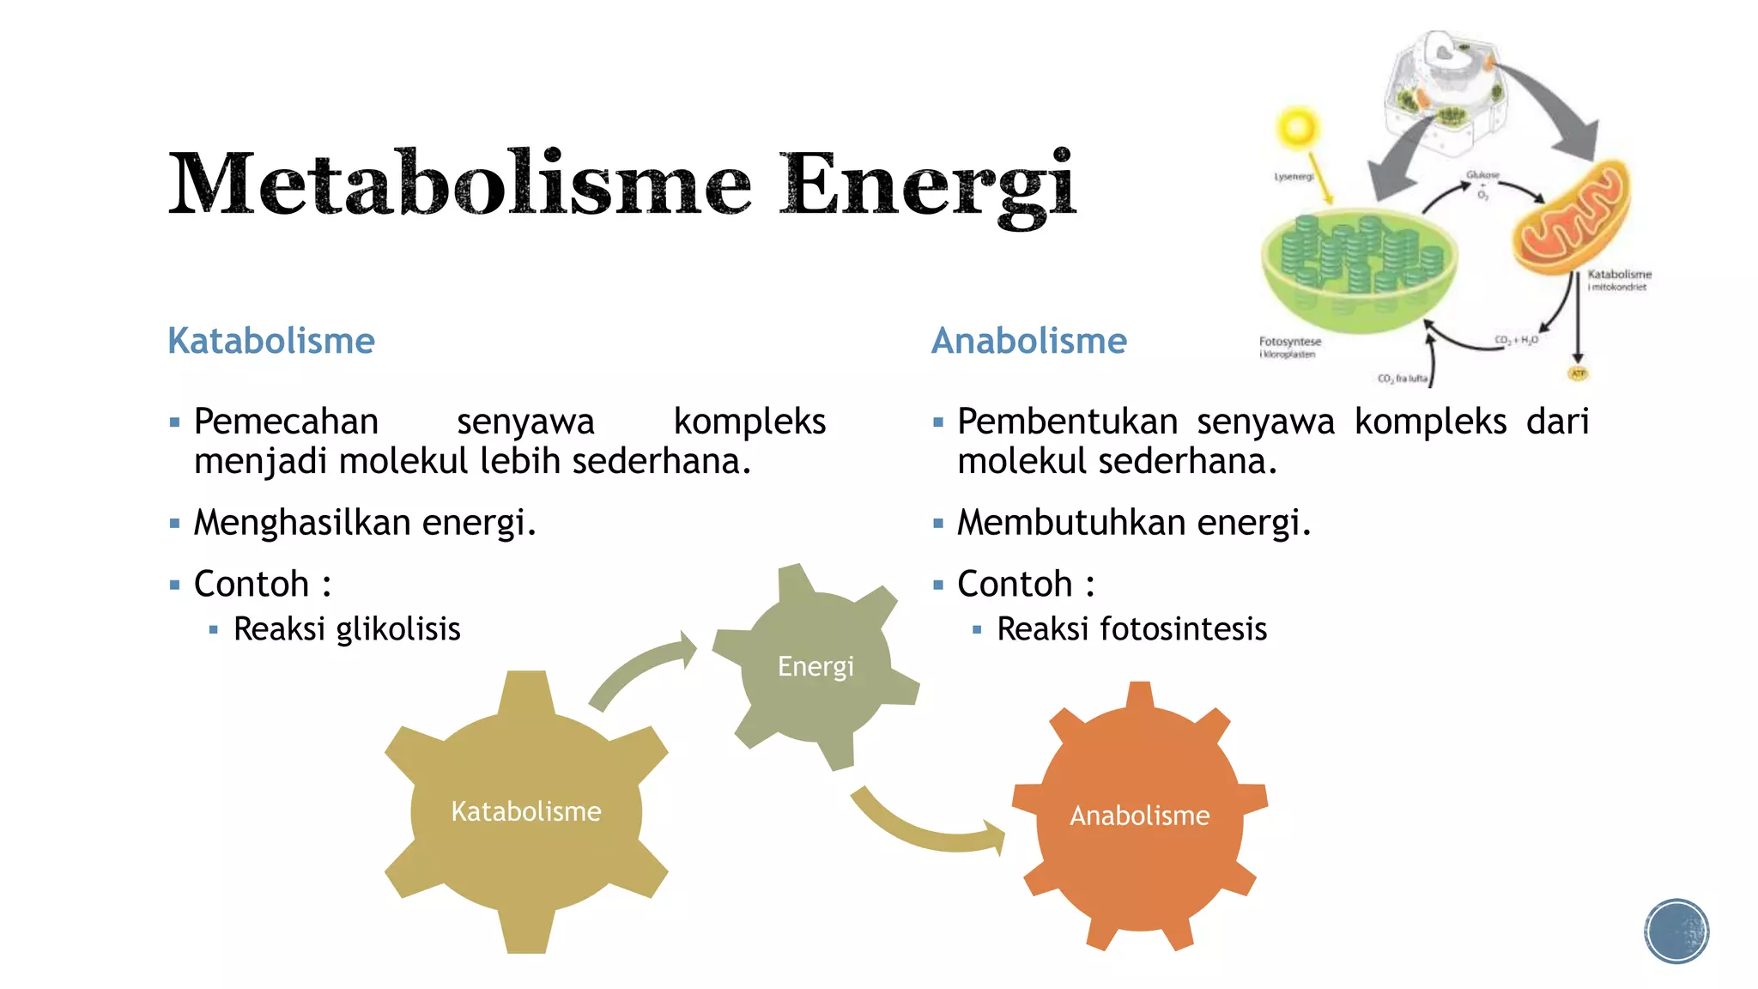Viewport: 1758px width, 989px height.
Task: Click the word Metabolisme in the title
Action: click(x=459, y=185)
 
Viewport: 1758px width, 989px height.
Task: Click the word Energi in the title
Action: click(x=927, y=185)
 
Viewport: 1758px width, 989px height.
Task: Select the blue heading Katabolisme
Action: click(x=271, y=341)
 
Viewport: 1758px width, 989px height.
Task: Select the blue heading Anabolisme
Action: click(x=1029, y=341)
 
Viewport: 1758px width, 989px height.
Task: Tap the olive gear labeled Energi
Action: click(x=815, y=666)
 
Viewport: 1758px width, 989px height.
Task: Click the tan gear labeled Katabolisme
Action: click(x=526, y=811)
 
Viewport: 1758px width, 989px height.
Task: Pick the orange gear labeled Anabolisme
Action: click(x=1139, y=815)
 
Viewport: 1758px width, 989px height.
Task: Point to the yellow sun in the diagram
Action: click(x=1297, y=129)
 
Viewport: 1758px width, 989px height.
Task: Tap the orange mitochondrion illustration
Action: click(x=1571, y=219)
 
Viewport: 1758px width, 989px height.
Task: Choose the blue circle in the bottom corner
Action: click(x=1676, y=931)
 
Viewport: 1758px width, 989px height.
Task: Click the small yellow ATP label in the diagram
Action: click(x=1578, y=373)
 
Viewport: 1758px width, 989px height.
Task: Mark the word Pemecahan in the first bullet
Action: click(x=286, y=422)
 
